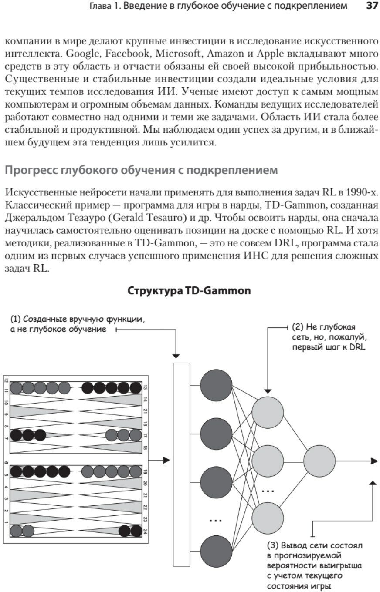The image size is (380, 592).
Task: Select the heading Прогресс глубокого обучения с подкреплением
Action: point(141,170)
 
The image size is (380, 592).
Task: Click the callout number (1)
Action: point(16,319)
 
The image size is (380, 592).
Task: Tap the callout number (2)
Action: point(299,326)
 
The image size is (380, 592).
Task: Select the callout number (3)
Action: point(273,545)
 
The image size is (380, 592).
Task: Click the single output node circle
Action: point(319,461)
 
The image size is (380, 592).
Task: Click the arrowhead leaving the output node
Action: point(374,461)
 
